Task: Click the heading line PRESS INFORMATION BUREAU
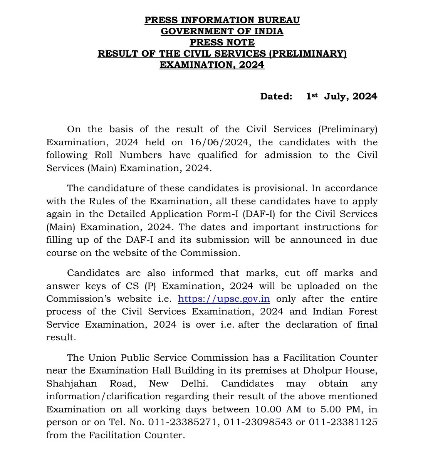pyautogui.click(x=222, y=20)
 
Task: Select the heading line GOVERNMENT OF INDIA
pyautogui.click(x=222, y=31)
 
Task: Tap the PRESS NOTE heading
pyautogui.click(x=222, y=42)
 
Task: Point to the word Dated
pyautogui.click(x=276, y=96)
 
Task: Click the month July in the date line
pyautogui.click(x=336, y=96)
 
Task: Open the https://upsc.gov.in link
pyautogui.click(x=224, y=299)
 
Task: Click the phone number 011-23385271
pyautogui.click(x=181, y=422)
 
